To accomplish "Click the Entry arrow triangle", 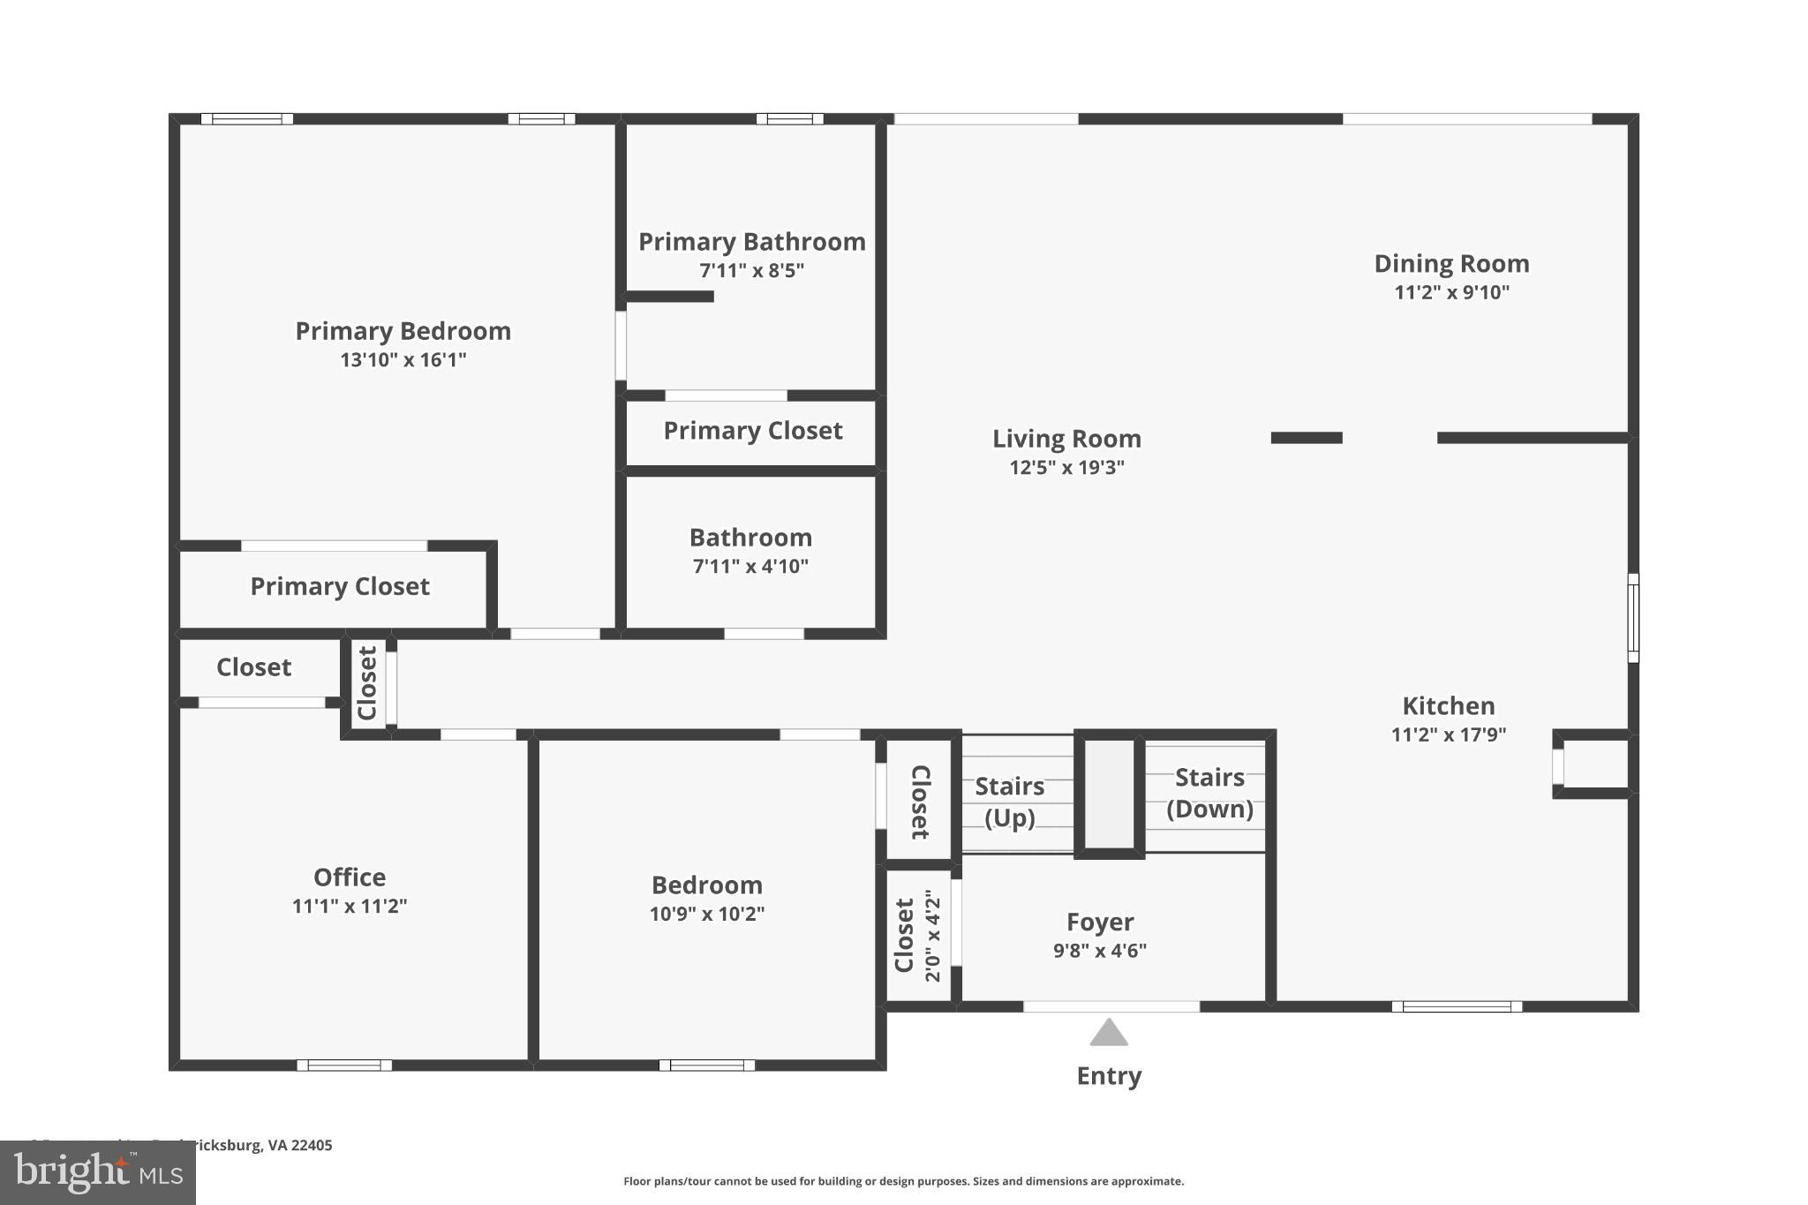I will pos(1109,1034).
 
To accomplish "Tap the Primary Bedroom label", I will pos(403,331).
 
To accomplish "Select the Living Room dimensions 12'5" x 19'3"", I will pos(1066,468).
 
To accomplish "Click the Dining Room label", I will pos(1451,263).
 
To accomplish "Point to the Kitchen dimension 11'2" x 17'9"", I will pos(1448,734).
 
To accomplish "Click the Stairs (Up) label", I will pos(1009,801).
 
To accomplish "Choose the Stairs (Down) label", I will pos(1209,793).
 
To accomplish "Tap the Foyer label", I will pos(1099,922).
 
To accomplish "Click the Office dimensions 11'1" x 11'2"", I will pos(349,906).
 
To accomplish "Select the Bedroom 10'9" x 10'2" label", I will pos(706,885).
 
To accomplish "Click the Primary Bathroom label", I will pos(751,242).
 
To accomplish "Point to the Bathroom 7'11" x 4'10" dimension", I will pos(750,566).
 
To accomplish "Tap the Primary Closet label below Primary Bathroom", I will pos(752,431).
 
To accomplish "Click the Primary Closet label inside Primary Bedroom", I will pos(339,586).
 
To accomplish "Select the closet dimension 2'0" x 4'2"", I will pos(933,936).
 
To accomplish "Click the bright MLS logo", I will pos(97,1173).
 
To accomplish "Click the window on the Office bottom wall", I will pos(344,1065).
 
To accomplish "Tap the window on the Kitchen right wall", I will pos(1632,617).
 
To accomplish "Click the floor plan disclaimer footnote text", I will pos(903,1181).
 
